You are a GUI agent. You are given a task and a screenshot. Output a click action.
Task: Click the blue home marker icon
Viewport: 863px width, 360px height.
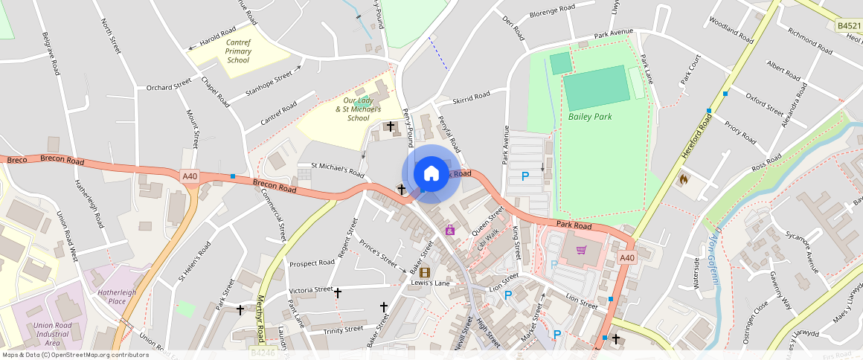pos(431,173)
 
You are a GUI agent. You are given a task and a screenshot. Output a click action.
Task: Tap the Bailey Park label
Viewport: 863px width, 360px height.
pos(590,117)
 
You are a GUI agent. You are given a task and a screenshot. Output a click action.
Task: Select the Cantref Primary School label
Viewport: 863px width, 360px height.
pos(238,51)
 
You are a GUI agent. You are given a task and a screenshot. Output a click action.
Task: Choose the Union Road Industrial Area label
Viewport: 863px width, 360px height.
pos(52,334)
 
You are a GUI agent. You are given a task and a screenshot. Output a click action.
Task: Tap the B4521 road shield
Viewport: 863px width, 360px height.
pos(848,25)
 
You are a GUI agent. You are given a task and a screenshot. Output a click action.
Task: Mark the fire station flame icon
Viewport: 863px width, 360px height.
pos(683,179)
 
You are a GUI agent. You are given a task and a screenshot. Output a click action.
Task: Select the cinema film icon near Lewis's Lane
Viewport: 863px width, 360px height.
pos(425,272)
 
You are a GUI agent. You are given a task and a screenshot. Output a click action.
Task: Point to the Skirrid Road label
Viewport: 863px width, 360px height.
pos(472,97)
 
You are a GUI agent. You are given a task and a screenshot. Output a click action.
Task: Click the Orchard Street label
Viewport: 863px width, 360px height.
pos(169,88)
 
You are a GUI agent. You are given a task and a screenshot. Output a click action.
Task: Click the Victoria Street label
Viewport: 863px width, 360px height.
pos(311,289)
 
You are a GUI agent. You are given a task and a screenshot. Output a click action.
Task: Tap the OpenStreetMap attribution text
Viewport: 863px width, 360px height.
pos(75,355)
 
